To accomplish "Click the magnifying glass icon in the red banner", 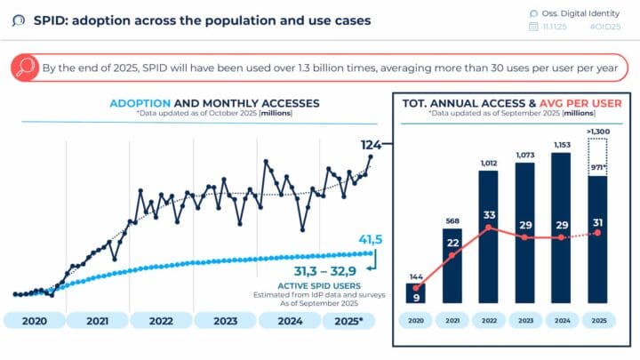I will point(28,68).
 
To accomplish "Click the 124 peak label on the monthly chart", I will point(372,144).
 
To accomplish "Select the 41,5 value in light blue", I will point(369,241).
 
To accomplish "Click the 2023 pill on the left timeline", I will point(225,321).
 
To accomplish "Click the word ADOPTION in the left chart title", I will point(139,103).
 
